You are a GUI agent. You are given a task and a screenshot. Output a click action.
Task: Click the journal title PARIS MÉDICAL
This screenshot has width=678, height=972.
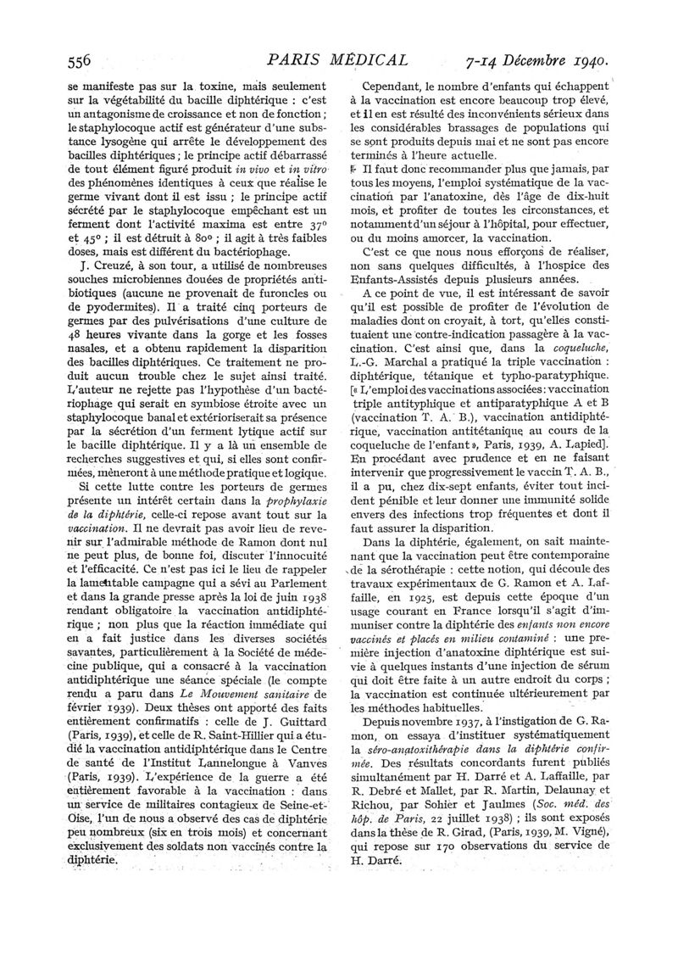click(x=337, y=60)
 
